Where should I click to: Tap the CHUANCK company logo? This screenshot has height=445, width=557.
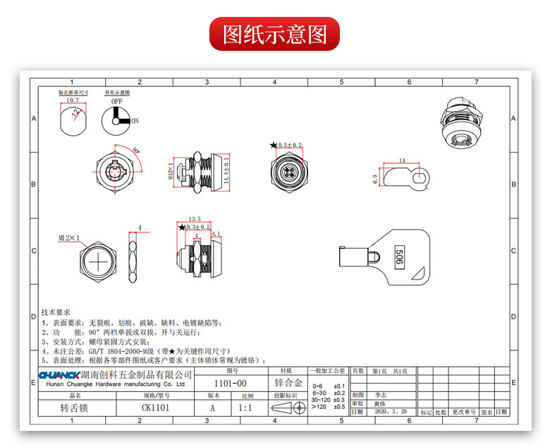(x=59, y=375)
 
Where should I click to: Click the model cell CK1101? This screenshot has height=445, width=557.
(x=156, y=408)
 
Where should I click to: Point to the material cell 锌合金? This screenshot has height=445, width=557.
(x=288, y=383)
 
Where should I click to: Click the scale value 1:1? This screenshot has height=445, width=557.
(x=246, y=408)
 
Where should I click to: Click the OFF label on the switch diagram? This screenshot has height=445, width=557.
(x=116, y=101)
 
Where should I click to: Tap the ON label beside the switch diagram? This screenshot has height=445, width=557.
(x=135, y=121)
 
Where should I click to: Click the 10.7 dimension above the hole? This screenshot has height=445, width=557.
(x=72, y=101)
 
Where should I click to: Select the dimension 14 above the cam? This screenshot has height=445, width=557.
(x=401, y=160)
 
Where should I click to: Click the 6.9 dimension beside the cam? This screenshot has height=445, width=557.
(x=375, y=180)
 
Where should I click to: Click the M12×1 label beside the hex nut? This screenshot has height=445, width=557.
(x=68, y=239)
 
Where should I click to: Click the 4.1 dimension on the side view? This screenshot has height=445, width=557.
(x=216, y=234)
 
